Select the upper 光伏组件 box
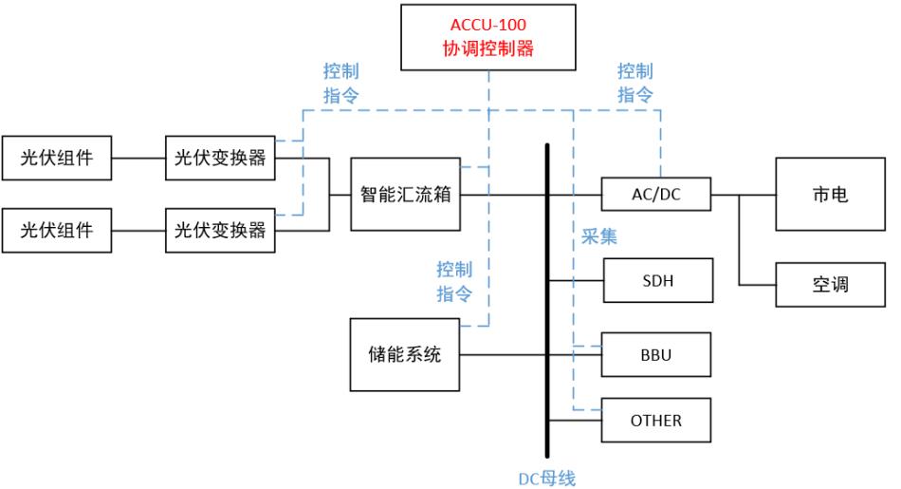(58, 160)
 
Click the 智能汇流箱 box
(405, 196)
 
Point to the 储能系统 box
(405, 356)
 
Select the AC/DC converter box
(655, 196)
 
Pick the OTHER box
(655, 419)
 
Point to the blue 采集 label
(599, 237)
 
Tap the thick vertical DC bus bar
(548, 304)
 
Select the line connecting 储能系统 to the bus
(503, 356)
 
